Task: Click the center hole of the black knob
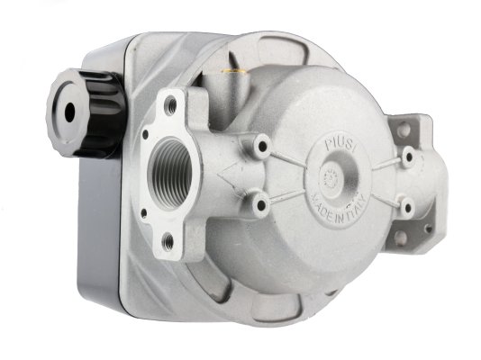[70, 112]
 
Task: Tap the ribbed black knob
[86, 112]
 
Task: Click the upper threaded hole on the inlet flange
[170, 105]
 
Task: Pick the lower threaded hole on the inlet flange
[168, 242]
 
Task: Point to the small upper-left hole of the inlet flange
[145, 134]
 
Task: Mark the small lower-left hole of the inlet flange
[143, 213]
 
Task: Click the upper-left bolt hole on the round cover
[261, 146]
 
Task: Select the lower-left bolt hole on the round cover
[261, 204]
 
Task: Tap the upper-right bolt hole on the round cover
[409, 157]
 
